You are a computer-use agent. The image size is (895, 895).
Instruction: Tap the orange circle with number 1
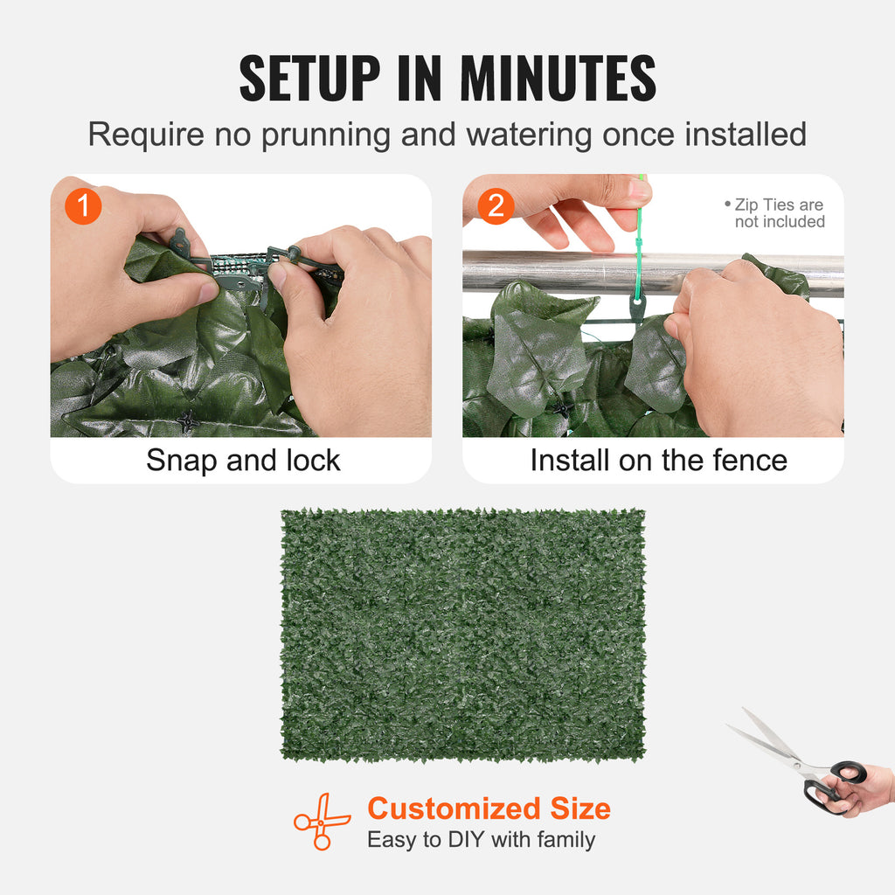pyautogui.click(x=84, y=207)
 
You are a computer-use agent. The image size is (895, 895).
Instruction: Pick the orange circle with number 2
pyautogui.click(x=496, y=207)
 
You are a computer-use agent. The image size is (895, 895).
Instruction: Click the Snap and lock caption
pyautogui.click(x=243, y=461)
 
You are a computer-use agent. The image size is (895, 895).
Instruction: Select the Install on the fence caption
pyautogui.click(x=658, y=461)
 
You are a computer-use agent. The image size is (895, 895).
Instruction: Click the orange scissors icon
pyautogui.click(x=321, y=821)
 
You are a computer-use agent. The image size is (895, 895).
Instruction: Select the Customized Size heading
pyautogui.click(x=489, y=808)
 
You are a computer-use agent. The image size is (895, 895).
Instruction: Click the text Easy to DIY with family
pyautogui.click(x=481, y=840)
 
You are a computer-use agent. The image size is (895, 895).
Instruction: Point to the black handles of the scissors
pyautogui.click(x=835, y=782)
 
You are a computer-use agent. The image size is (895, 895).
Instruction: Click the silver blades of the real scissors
pyautogui.click(x=769, y=743)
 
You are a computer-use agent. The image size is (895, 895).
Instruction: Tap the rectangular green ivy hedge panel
pyautogui.click(x=462, y=635)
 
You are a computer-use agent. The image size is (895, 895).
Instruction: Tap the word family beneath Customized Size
pyautogui.click(x=565, y=840)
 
